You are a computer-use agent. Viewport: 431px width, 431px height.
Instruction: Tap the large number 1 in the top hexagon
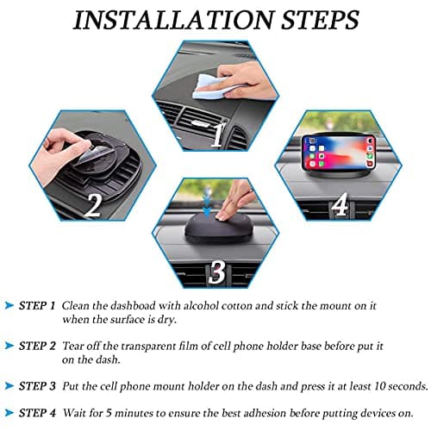(218, 134)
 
